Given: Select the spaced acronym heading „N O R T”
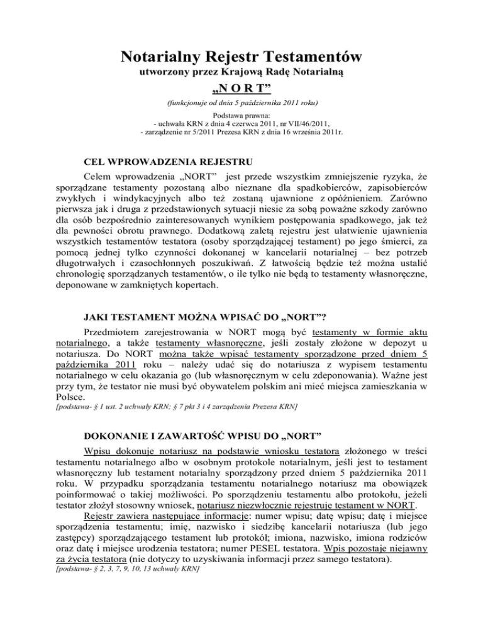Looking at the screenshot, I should pos(241,92).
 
